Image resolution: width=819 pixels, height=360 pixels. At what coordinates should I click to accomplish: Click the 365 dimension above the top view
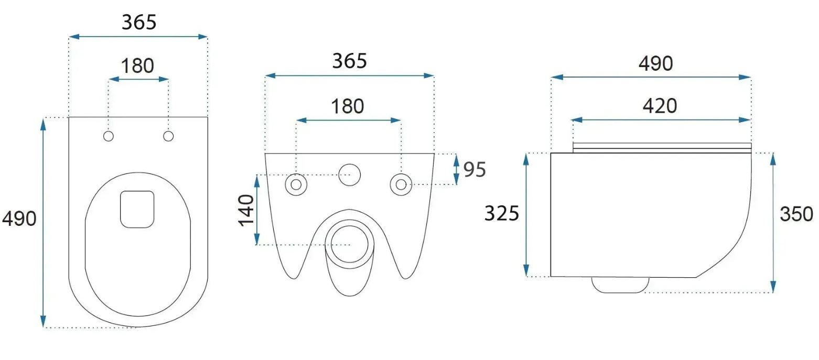pyautogui.click(x=139, y=23)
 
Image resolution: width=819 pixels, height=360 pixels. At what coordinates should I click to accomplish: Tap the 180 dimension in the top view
pyautogui.click(x=137, y=66)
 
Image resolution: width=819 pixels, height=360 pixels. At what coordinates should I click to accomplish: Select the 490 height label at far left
pyautogui.click(x=19, y=219)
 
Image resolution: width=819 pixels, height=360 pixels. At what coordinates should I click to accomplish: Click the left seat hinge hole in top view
pyautogui.click(x=109, y=136)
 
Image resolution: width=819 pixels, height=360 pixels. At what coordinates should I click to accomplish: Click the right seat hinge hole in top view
pyautogui.click(x=168, y=136)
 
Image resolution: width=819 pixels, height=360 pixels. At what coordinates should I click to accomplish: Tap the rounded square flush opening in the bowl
pyautogui.click(x=137, y=210)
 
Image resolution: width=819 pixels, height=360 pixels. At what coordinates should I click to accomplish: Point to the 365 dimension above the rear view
pyautogui.click(x=350, y=61)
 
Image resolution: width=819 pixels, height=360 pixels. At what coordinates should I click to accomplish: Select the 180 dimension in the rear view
pyautogui.click(x=347, y=106)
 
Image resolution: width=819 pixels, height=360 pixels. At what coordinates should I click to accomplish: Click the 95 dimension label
pyautogui.click(x=475, y=170)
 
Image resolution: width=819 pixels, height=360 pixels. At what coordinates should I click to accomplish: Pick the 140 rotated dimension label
pyautogui.click(x=246, y=211)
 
